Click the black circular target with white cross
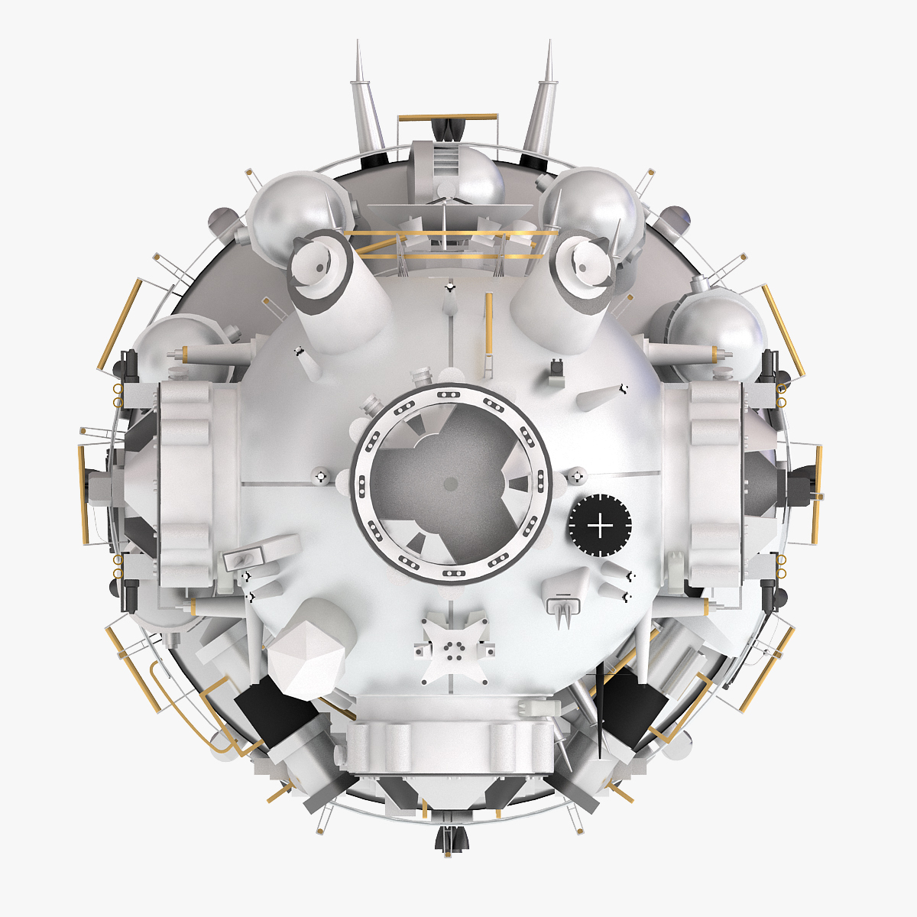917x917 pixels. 600,526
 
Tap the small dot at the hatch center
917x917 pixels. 450,484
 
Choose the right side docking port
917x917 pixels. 714,481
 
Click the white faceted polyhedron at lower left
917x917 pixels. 309,657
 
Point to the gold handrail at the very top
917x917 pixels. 447,118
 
